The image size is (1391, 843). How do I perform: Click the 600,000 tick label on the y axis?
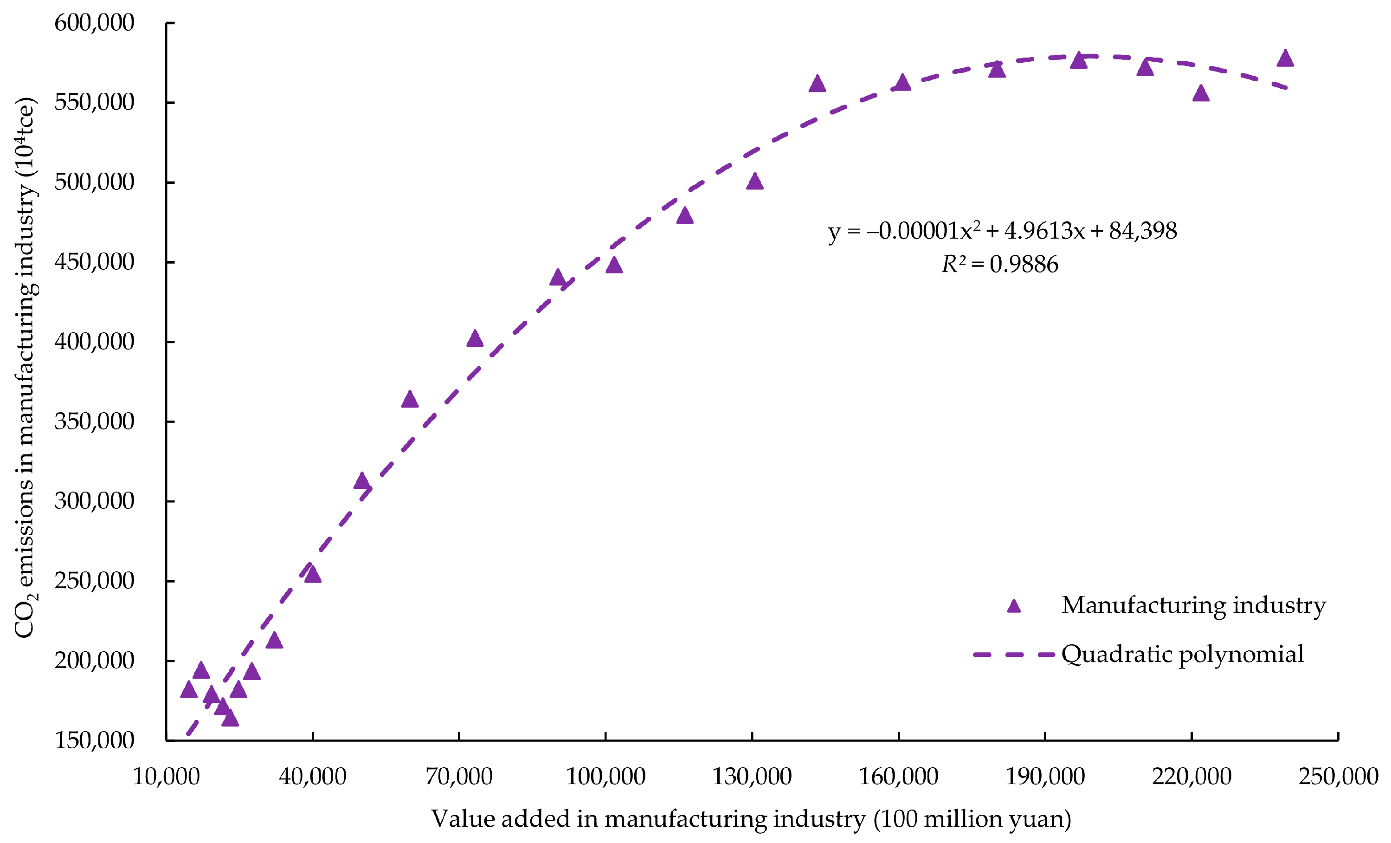point(94,23)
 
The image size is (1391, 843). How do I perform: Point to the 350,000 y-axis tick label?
point(94,421)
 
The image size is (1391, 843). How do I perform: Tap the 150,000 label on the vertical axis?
point(94,740)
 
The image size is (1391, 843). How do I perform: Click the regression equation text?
point(1003,231)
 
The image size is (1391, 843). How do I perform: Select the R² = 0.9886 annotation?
point(1000,264)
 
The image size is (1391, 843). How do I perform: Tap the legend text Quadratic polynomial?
point(1182,655)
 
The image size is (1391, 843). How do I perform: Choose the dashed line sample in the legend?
point(1014,655)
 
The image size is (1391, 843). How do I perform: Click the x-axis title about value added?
point(751,819)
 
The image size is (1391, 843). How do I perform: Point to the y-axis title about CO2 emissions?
point(26,367)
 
